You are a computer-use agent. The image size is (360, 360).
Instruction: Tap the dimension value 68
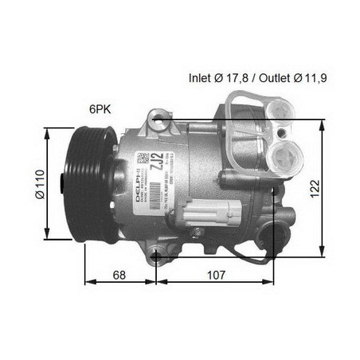pyautogui.click(x=118, y=275)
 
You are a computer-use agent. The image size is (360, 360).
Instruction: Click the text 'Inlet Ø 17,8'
pyautogui.click(x=220, y=78)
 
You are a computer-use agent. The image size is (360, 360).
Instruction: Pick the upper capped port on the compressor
pyautogui.click(x=280, y=112)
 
